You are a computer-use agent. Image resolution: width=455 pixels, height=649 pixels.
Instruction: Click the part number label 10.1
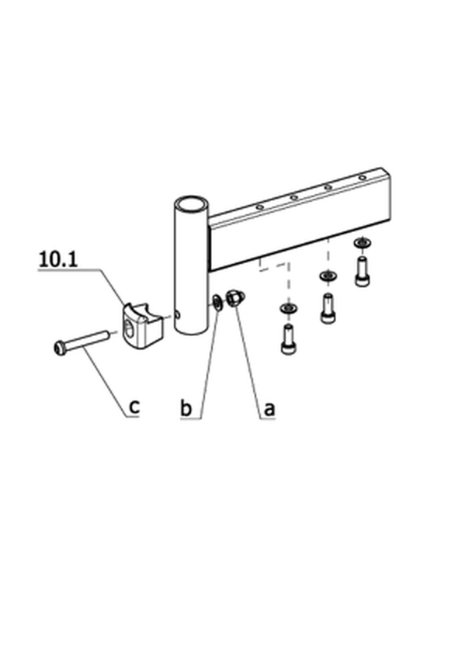coord(58,259)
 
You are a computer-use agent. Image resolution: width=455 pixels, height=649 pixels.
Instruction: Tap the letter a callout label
coord(269,409)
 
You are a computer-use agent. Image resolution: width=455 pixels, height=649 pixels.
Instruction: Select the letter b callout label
coord(186,408)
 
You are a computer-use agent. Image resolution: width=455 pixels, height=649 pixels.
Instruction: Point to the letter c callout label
coord(134,408)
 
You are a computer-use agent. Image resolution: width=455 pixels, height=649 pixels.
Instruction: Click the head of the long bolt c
coord(60,348)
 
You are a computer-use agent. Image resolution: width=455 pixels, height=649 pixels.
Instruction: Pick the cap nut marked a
coord(235,298)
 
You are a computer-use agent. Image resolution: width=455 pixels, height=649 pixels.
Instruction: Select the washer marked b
coord(217,303)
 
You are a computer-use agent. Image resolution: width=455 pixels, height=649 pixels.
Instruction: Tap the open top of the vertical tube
coord(191,204)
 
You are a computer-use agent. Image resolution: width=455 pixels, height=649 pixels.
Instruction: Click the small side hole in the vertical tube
coord(178,315)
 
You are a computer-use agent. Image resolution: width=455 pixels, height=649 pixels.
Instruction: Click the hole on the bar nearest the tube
coord(259,207)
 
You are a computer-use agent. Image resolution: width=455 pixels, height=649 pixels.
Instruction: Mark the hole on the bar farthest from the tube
coord(363,178)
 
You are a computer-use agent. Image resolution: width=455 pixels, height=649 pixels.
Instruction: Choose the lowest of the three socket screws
coord(289,340)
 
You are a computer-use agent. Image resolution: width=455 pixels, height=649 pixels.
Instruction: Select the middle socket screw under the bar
coord(328,308)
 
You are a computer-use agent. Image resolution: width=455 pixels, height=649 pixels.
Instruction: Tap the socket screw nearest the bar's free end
coord(363,272)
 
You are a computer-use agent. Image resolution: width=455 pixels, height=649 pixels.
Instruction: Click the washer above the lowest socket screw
coord(289,308)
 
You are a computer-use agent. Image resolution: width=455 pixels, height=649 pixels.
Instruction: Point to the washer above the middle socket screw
coord(328,276)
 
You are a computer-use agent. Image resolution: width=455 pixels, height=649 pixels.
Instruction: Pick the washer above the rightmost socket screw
coord(363,243)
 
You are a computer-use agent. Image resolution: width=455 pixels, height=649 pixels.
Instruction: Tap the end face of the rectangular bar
coord(386,195)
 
